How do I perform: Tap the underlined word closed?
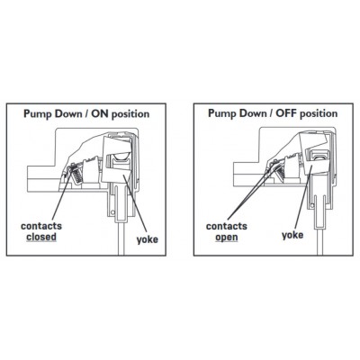41,238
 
